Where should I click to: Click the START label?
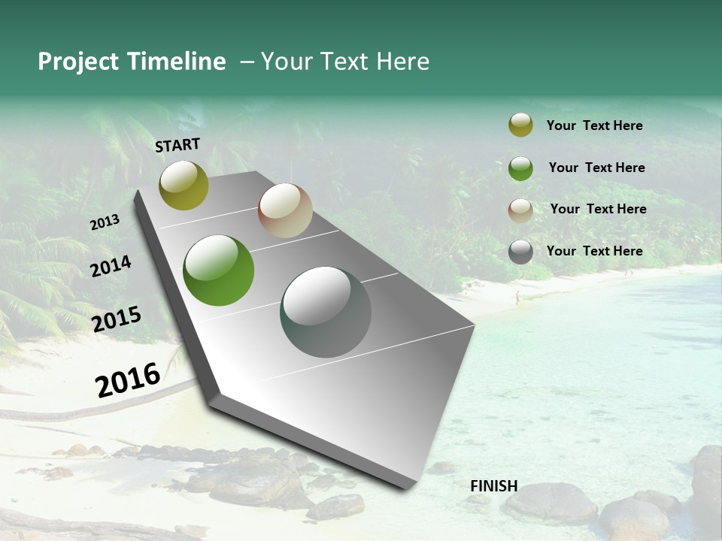coord(177,145)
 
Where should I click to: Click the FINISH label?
coord(493,486)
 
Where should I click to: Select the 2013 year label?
coord(105,222)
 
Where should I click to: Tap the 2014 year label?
coord(111,266)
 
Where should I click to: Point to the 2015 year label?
coord(117,319)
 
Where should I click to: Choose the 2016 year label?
coord(128,379)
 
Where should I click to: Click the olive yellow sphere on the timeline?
coord(184,185)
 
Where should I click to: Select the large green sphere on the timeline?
coord(219,270)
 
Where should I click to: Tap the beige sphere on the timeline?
coord(285,210)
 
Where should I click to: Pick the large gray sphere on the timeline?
coord(326,312)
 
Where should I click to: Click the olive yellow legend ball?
coord(520,125)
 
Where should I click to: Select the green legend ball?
coord(520,168)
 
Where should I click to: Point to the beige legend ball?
coord(520,210)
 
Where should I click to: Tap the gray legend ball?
coord(520,252)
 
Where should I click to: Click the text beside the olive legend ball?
coord(594,125)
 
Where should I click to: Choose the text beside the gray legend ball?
coord(594,251)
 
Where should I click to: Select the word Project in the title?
coord(77,62)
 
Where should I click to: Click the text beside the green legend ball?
coord(596,168)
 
